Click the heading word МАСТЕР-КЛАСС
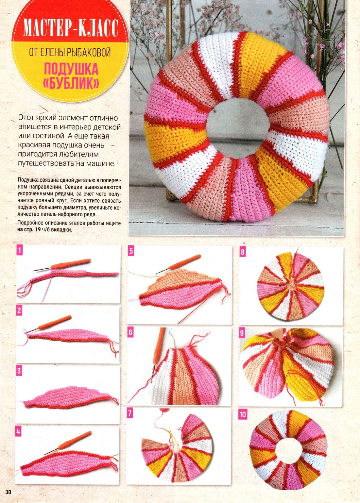pos(71,28)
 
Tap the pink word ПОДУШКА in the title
pos(71,69)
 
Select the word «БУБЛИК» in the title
pos(71,84)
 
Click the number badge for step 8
pos(243,252)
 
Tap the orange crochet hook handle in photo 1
pos(71,263)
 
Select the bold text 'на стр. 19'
pos(28,230)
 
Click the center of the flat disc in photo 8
pos(291,285)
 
